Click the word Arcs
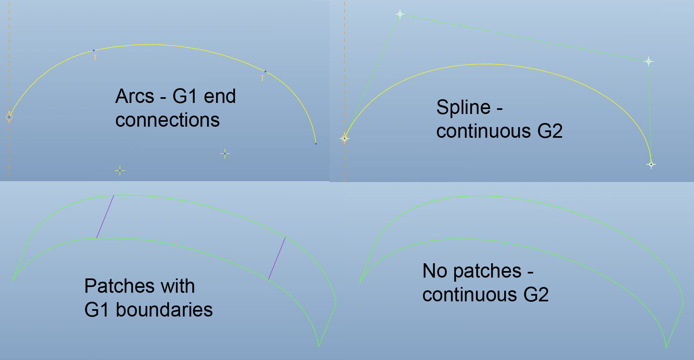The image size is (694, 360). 134,96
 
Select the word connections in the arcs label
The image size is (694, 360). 167,120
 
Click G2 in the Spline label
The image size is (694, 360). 550,131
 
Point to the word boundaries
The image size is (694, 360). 164,310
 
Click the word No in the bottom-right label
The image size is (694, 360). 435,271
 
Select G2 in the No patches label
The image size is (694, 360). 536,294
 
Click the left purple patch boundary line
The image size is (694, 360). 105,216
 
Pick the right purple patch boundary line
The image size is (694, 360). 277,259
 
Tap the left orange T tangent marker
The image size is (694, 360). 95,58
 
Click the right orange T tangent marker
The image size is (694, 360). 262,78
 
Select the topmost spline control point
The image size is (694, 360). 400,14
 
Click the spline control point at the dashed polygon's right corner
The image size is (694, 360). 649,62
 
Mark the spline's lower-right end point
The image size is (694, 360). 651,164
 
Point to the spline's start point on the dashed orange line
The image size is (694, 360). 344,139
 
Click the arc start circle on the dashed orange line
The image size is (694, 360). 9,117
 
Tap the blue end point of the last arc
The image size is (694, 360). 316,144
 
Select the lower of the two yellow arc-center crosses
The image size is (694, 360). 120,171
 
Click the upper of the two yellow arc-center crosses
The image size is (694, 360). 225,154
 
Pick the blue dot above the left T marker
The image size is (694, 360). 93,50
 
